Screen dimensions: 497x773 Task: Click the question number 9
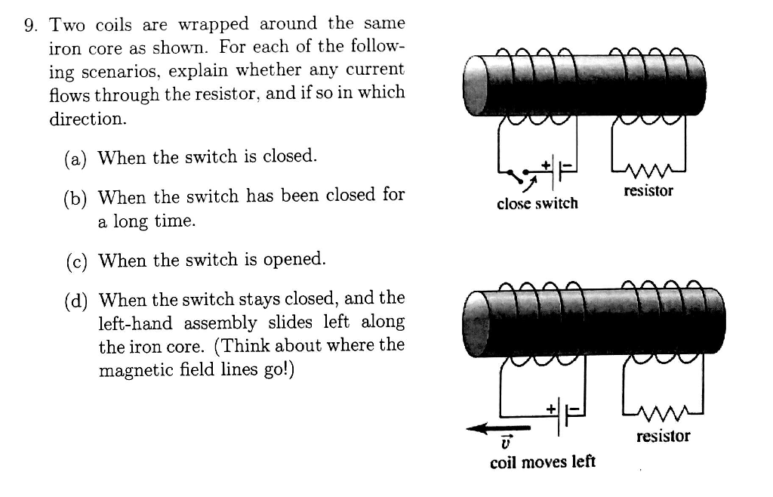(31, 25)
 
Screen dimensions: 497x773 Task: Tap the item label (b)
(74, 197)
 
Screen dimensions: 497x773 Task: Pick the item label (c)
(74, 261)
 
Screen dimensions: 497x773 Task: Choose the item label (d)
(74, 299)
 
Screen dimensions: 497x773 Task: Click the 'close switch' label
(537, 203)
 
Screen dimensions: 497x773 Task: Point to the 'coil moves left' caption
(542, 461)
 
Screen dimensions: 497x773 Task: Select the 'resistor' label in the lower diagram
(662, 436)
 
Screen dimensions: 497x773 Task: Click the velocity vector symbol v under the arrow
(506, 443)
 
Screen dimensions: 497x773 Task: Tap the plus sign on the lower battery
(551, 408)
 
